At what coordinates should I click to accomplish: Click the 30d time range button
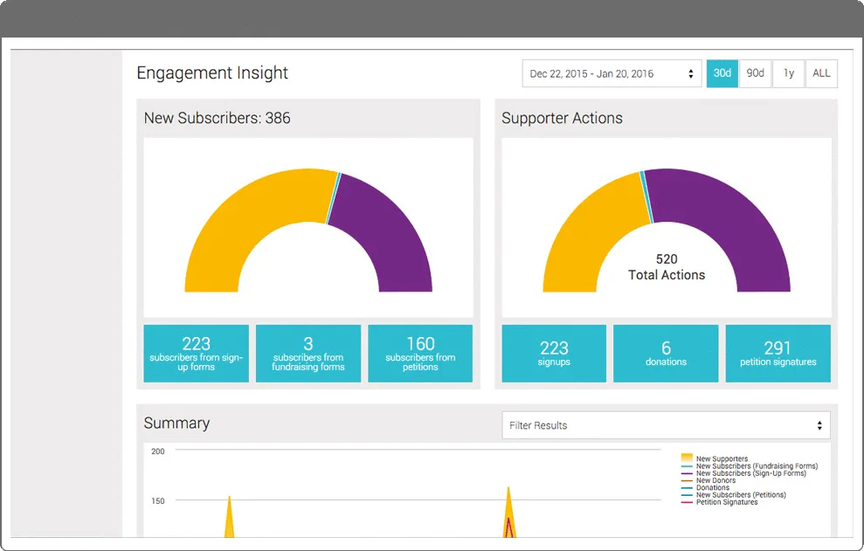[722, 73]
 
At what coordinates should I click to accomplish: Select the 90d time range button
[755, 73]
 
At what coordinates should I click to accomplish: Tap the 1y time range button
[789, 73]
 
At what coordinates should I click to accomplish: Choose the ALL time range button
[821, 73]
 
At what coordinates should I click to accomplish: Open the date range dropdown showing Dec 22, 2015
[612, 73]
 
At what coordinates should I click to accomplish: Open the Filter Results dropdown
[666, 425]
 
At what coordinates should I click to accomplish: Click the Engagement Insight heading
[212, 72]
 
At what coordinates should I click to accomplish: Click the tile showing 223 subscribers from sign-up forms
[197, 353]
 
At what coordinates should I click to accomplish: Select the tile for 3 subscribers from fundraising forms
[308, 353]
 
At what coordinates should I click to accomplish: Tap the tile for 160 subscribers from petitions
[420, 353]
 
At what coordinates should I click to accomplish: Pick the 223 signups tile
[554, 353]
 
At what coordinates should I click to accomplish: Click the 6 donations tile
[666, 353]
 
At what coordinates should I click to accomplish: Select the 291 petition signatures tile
[778, 353]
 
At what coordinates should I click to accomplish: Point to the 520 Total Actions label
[667, 267]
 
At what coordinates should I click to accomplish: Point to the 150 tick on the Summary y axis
[158, 501]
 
